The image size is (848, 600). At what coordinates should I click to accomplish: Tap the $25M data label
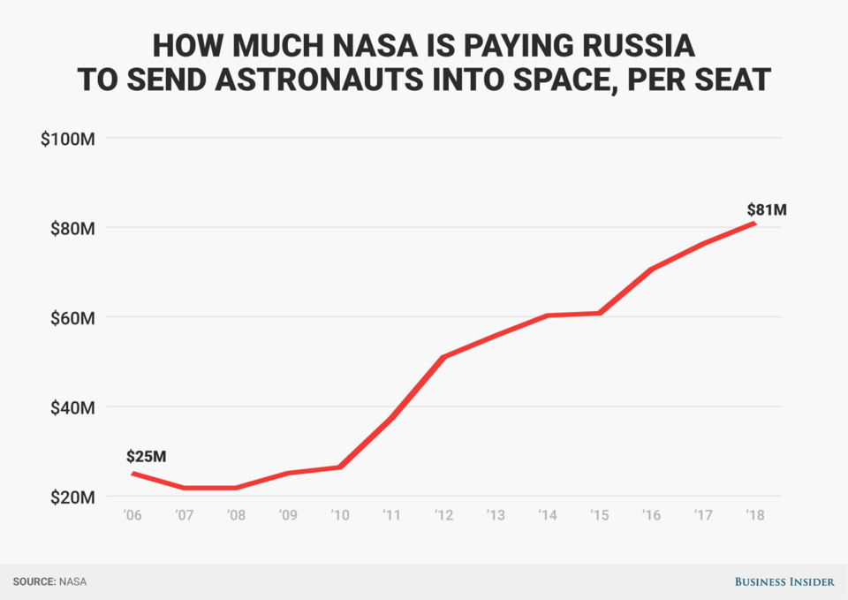[x=146, y=457]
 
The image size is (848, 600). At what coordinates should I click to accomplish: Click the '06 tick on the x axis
[x=133, y=515]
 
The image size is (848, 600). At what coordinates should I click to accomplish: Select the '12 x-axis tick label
[x=443, y=515]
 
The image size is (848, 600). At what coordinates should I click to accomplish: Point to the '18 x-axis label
[x=754, y=515]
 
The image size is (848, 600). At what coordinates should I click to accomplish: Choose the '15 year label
[x=599, y=515]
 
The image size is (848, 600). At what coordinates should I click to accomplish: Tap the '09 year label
[x=288, y=515]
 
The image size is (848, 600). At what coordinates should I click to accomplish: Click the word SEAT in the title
[x=729, y=80]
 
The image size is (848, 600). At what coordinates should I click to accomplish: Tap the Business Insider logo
[x=784, y=581]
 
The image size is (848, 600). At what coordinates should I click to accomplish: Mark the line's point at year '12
[x=443, y=357]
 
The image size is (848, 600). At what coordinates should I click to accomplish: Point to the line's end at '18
[x=754, y=223]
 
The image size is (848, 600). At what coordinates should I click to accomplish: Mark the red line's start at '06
[x=133, y=474]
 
